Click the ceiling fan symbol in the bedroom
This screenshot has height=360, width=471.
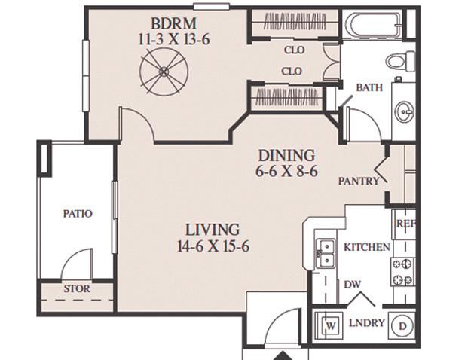click(164, 72)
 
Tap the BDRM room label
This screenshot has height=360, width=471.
click(173, 23)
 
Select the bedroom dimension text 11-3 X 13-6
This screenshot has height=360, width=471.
click(173, 39)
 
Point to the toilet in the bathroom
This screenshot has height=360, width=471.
click(401, 61)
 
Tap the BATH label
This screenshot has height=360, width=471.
click(369, 87)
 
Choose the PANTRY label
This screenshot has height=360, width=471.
click(359, 181)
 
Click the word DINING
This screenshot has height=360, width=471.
click(286, 156)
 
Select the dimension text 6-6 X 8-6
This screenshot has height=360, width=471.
click(286, 172)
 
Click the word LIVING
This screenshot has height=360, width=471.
click(213, 230)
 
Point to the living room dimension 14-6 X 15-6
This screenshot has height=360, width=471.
click(213, 246)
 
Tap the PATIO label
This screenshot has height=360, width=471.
click(78, 214)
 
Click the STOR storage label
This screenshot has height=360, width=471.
click(77, 289)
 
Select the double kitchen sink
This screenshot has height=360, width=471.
click(326, 253)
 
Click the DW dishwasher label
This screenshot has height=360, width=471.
click(352, 285)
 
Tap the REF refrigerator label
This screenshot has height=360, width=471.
click(406, 224)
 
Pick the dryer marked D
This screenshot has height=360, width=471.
click(402, 326)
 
